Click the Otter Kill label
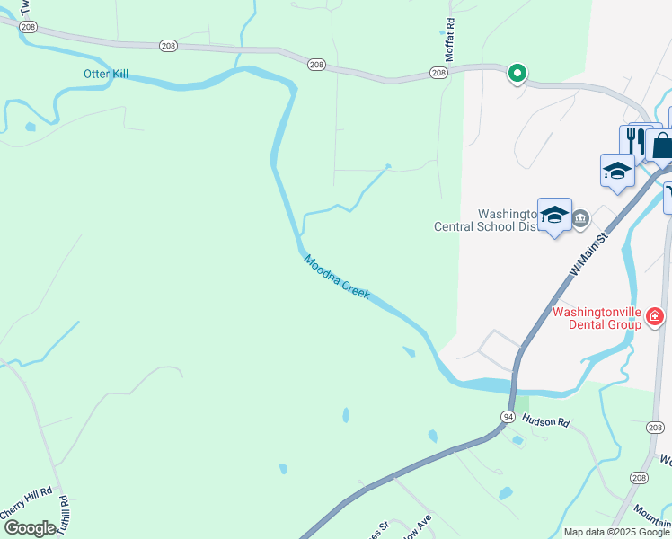pyautogui.click(x=106, y=74)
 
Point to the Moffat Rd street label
pyautogui.click(x=451, y=40)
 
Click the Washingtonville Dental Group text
pyautogui.click(x=597, y=318)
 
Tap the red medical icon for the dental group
pyautogui.click(x=655, y=316)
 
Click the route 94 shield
pyautogui.click(x=508, y=417)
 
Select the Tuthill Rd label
pyautogui.click(x=64, y=517)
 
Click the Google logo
pyautogui.click(x=29, y=528)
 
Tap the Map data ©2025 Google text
pyautogui.click(x=615, y=532)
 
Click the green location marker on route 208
pyautogui.click(x=517, y=73)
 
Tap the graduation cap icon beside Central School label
pyautogui.click(x=554, y=214)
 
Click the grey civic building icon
pyautogui.click(x=580, y=216)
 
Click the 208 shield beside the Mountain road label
pyautogui.click(x=639, y=478)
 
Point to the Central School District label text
pyautogui.click(x=485, y=226)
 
